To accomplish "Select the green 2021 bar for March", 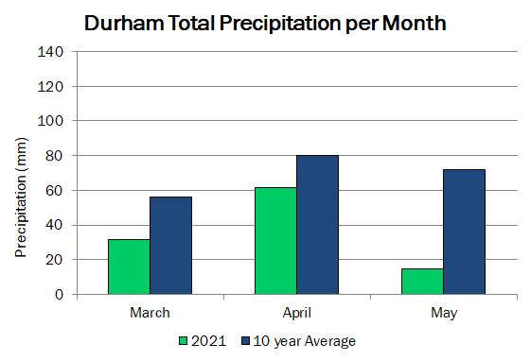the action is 129,266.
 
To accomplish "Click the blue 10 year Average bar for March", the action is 171,246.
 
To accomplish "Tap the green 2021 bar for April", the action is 275,241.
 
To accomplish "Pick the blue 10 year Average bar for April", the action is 318,225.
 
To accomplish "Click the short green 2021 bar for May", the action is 422,282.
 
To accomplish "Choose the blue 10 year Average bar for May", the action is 465,232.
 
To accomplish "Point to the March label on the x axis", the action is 150,313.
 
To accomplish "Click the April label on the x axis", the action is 297,313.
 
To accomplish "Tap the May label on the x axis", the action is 444,313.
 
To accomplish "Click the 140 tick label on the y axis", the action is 50,52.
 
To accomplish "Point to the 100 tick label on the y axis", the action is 50,121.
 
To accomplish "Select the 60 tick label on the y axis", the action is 54,191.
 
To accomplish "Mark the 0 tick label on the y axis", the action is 59,295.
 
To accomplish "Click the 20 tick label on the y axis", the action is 54,260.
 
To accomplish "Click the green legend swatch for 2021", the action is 183,341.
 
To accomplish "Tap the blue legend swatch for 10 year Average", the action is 245,341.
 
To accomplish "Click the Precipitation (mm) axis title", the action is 21,198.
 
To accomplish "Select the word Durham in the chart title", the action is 124,23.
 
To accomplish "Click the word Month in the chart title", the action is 415,23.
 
